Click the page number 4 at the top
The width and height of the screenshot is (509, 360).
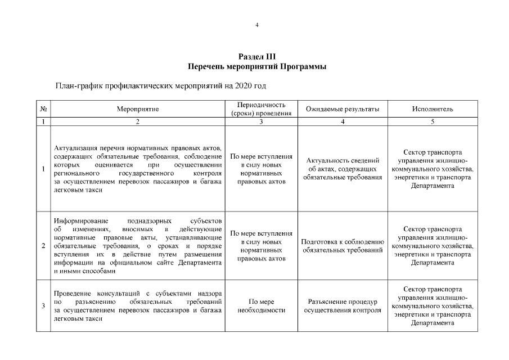tap(256, 25)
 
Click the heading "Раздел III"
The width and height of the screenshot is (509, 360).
tap(257, 57)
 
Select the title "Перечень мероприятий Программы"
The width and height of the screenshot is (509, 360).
tap(257, 66)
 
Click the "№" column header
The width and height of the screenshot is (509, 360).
tap(43, 109)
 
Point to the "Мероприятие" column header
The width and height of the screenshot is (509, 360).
tap(138, 109)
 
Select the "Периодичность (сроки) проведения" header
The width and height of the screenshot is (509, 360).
tap(261, 109)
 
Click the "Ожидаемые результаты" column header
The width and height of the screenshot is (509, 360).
tap(342, 109)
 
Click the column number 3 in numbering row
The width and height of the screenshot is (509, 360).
tap(261, 121)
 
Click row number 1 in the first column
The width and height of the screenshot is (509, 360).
tap(43, 169)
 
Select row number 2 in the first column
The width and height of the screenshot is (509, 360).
tap(43, 245)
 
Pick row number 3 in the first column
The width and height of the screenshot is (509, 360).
tap(43, 305)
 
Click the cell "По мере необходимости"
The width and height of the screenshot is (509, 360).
tap(261, 306)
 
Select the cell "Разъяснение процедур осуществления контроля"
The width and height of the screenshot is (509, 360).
tap(342, 306)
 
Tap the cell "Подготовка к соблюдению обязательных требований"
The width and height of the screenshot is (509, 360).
tap(342, 246)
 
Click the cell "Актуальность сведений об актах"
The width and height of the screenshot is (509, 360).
tap(342, 169)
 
